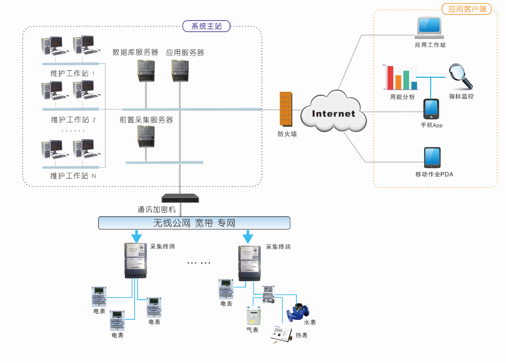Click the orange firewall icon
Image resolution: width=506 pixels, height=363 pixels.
[x=286, y=109]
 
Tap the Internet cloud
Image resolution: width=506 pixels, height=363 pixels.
[x=334, y=112]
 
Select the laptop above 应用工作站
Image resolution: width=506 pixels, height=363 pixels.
[x=429, y=28]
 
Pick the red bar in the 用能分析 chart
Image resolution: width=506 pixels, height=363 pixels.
[x=390, y=78]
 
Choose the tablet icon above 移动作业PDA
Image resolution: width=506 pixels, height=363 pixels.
[x=431, y=157]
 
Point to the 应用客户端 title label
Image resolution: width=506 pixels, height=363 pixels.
[x=466, y=9]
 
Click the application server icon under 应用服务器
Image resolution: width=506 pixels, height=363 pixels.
[x=179, y=70]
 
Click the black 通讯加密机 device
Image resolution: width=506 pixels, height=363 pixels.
[x=180, y=198]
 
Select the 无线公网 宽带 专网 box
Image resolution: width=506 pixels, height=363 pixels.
[x=194, y=223]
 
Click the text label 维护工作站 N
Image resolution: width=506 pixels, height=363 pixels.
[x=73, y=176]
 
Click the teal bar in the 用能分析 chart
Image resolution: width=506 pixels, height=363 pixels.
[x=414, y=85]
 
